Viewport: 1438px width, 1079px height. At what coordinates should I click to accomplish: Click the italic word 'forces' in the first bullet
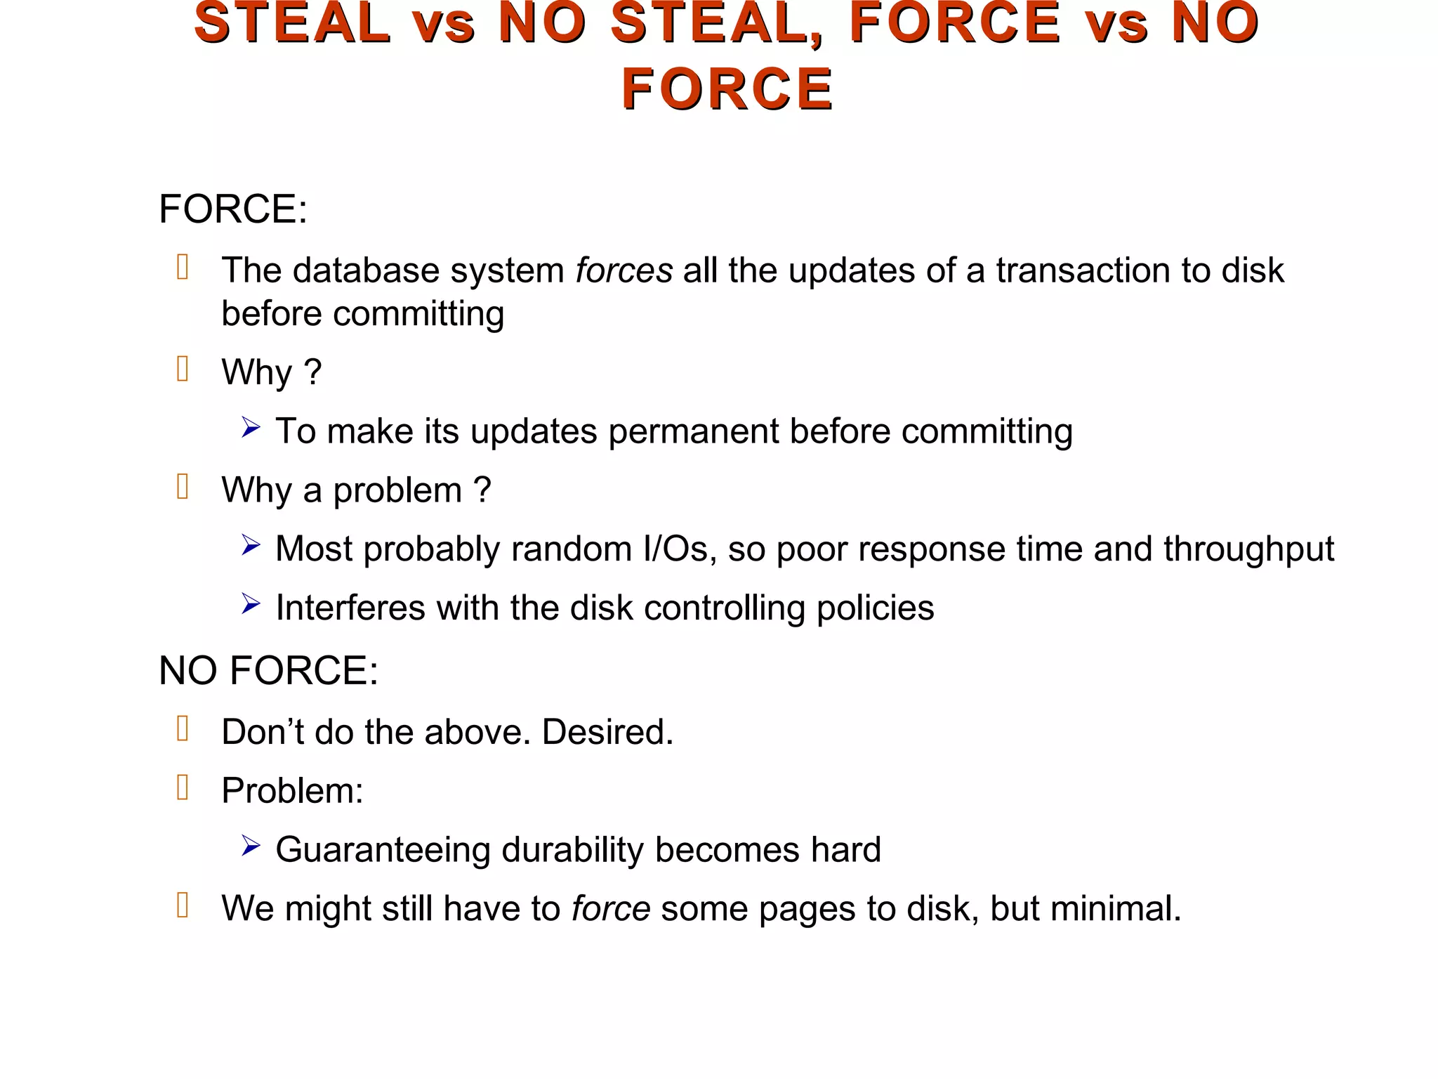(624, 271)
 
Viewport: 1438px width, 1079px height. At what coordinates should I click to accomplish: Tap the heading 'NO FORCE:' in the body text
(268, 670)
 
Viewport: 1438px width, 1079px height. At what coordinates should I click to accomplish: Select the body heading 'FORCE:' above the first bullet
(233, 209)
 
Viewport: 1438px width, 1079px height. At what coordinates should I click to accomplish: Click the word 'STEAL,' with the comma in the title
(718, 24)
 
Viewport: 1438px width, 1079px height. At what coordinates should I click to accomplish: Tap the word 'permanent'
(693, 431)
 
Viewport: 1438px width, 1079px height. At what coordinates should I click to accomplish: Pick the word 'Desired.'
(607, 732)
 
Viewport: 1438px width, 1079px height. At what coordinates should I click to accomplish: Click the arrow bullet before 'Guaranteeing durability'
(251, 846)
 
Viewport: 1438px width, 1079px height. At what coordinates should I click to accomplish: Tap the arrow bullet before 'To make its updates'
(251, 427)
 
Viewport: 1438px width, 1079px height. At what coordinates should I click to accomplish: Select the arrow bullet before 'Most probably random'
(251, 545)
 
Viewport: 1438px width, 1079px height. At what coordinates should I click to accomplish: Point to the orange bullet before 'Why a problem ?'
(183, 487)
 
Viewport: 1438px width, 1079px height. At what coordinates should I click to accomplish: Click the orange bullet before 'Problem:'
(183, 787)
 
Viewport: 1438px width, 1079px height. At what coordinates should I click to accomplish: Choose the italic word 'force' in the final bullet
(611, 909)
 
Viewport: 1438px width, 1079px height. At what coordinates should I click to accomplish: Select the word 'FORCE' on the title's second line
(727, 89)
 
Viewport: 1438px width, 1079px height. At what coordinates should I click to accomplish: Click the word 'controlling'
(724, 608)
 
